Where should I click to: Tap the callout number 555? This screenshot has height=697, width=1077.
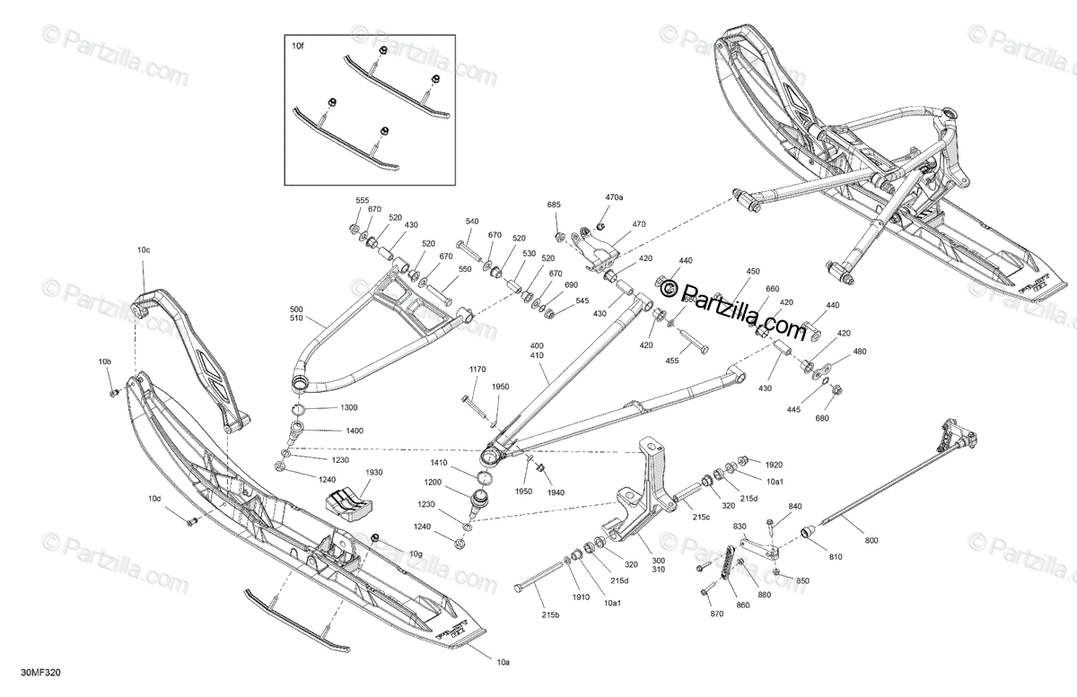click(362, 201)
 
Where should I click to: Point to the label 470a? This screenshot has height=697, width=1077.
click(614, 196)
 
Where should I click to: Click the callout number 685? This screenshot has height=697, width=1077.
click(554, 205)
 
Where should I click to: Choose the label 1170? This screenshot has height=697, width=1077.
click(477, 370)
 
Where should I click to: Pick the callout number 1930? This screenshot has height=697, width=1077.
click(373, 472)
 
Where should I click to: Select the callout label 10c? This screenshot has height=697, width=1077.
click(144, 250)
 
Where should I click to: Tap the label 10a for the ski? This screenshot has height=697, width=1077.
click(503, 662)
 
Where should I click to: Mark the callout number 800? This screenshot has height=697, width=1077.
click(871, 540)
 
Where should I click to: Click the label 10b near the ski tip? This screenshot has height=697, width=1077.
click(106, 362)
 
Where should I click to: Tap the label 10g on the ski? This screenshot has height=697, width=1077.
click(416, 553)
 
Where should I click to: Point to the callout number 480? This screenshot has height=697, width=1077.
click(860, 352)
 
